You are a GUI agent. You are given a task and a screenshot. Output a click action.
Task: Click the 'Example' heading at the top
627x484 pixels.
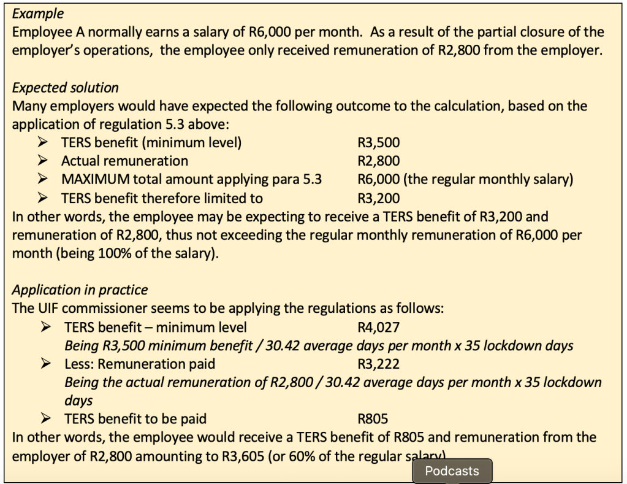click(39, 13)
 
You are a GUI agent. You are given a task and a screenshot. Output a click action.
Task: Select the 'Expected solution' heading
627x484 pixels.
click(66, 88)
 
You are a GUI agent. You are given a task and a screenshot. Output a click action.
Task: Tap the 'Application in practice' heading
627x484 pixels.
click(80, 290)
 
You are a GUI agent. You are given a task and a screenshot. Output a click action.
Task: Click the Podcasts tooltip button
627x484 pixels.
click(452, 471)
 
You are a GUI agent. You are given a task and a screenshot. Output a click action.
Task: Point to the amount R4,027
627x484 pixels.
click(378, 327)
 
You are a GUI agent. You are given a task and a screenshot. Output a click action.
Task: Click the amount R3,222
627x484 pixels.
click(378, 364)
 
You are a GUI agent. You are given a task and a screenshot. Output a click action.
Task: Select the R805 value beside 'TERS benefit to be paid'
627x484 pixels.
click(372, 419)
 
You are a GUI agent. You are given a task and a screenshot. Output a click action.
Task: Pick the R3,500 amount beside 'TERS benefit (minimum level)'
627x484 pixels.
click(378, 143)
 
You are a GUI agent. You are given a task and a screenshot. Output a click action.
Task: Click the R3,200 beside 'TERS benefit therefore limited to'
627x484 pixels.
click(378, 198)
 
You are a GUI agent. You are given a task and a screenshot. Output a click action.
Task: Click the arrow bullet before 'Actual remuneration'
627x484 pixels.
click(45, 161)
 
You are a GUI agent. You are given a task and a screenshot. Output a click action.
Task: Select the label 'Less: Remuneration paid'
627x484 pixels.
click(140, 364)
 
